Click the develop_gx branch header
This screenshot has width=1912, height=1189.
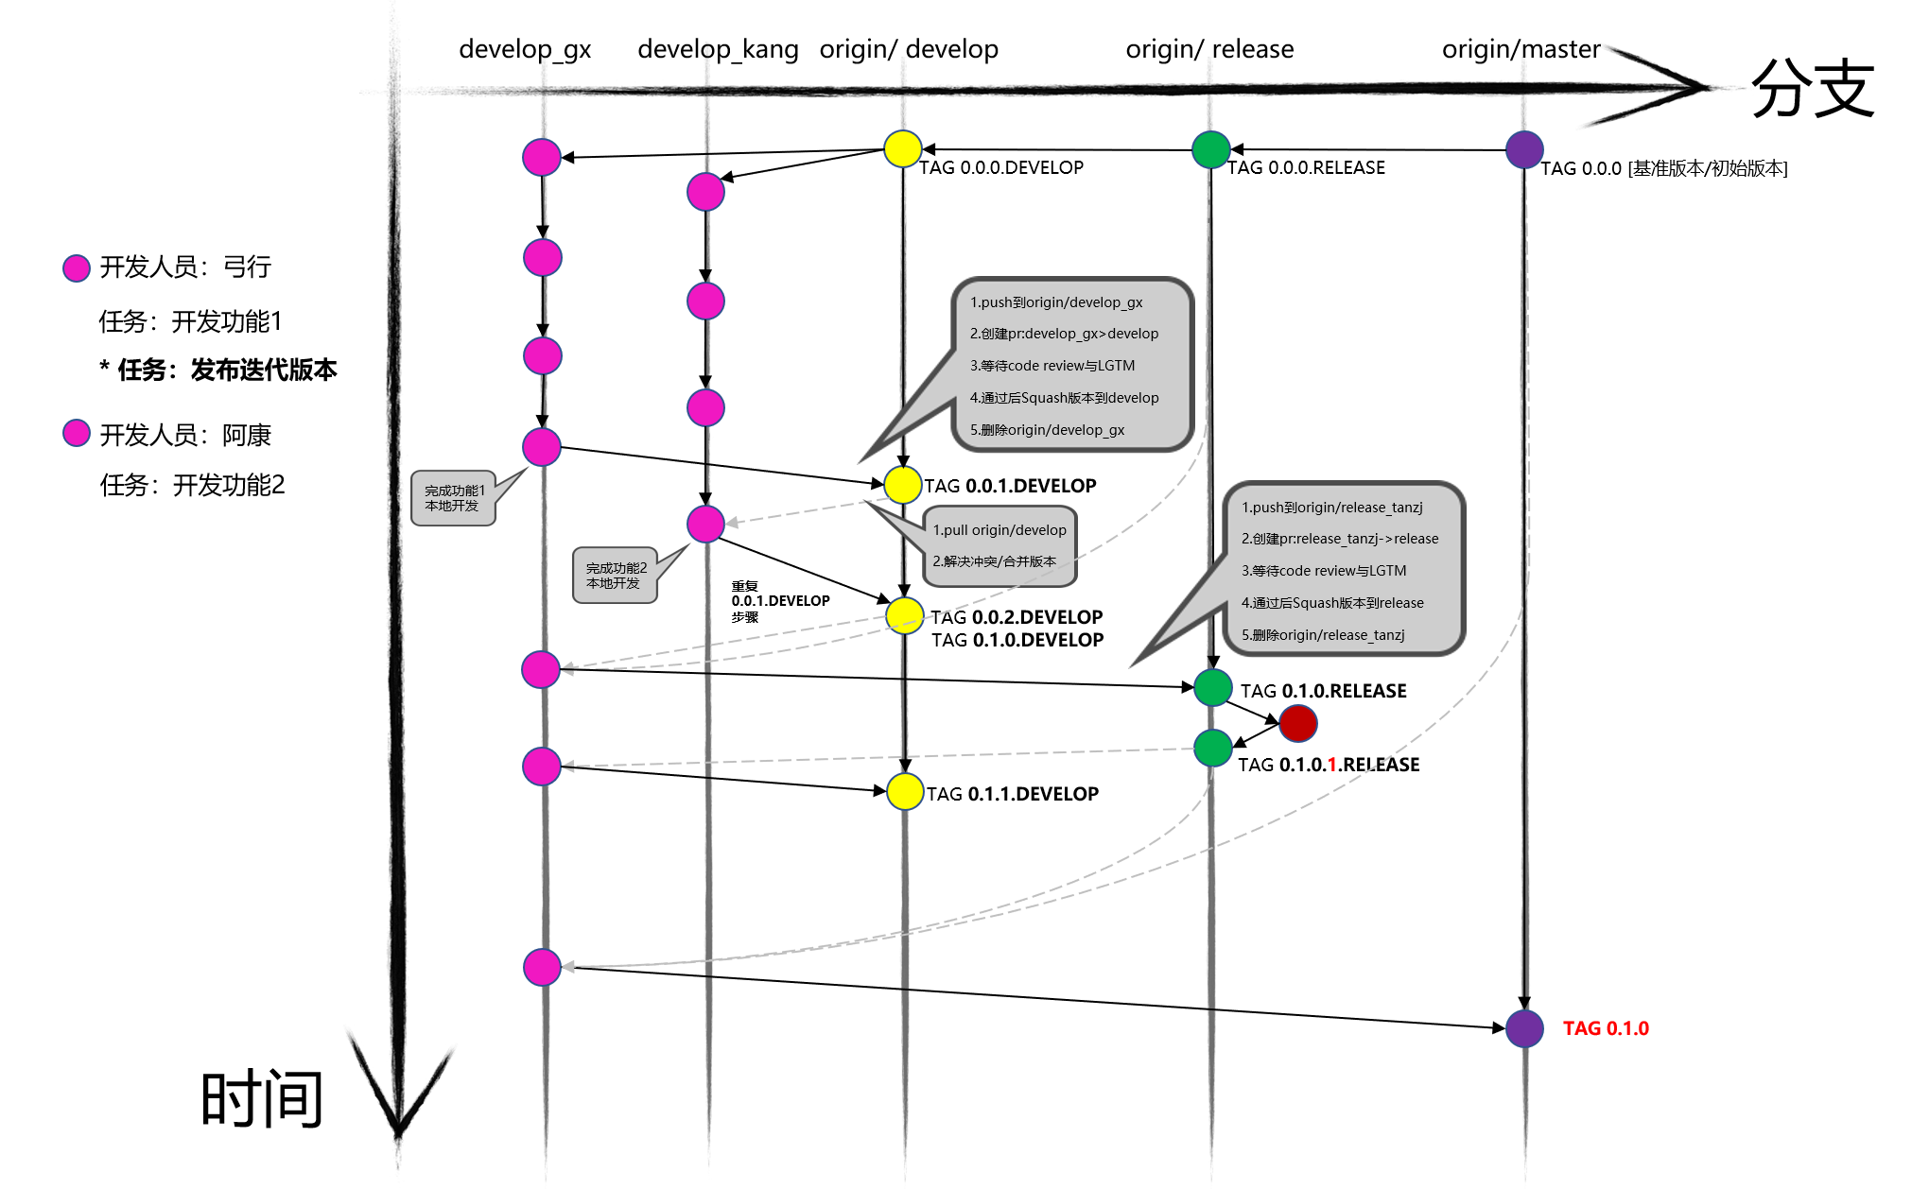(525, 49)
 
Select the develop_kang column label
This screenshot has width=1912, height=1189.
(718, 49)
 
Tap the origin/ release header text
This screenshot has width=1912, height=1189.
(1209, 49)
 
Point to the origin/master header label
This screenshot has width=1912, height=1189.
(1521, 49)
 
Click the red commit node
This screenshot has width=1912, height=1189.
(1297, 724)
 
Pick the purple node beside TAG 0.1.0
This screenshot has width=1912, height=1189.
(1524, 1028)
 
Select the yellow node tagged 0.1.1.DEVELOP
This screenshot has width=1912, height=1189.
(905, 792)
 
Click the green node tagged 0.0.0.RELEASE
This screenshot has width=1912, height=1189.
(1210, 149)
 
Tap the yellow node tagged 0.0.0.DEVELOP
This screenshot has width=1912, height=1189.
(903, 149)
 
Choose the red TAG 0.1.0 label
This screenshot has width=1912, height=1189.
(1606, 1028)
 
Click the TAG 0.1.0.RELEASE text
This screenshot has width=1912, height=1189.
(1323, 691)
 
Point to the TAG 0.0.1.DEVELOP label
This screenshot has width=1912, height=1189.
(1010, 486)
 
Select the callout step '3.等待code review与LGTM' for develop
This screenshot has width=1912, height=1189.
(1052, 366)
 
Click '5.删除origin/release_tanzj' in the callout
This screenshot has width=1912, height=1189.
(1323, 635)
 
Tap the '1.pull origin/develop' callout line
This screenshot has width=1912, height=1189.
(999, 530)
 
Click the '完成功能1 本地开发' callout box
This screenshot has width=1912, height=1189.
(454, 498)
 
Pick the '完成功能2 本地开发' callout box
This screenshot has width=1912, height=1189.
(616, 576)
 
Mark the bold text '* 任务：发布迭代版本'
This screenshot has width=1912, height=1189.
(218, 370)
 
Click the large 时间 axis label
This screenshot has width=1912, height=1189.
(262, 1098)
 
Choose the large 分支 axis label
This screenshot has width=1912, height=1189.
(1812, 89)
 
